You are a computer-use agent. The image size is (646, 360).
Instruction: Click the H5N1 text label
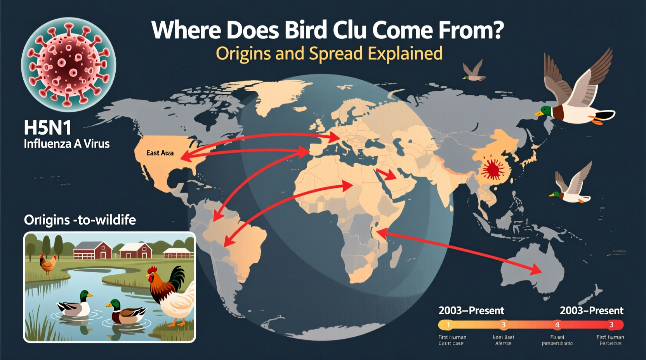tap(47, 127)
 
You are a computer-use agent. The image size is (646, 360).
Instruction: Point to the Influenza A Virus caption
tap(67, 144)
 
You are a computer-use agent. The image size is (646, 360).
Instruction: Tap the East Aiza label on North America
tap(160, 153)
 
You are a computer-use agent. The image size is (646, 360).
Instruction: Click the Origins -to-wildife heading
tap(80, 220)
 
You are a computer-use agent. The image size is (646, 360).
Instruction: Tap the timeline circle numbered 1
tap(448, 325)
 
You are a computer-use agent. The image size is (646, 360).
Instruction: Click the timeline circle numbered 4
tap(557, 325)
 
